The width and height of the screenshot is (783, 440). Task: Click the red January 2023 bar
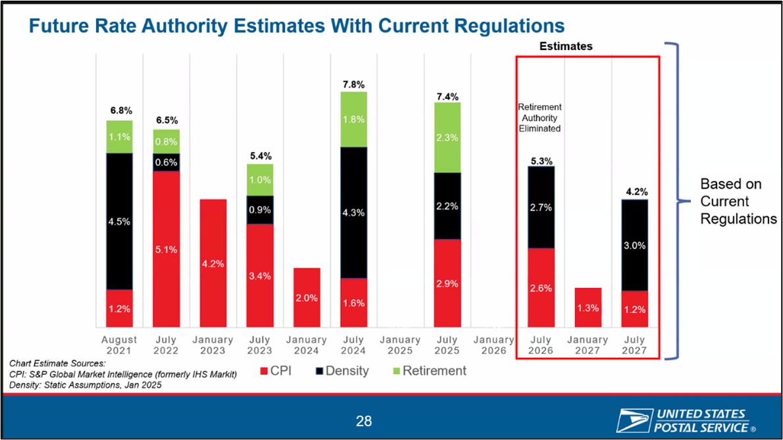coord(213,263)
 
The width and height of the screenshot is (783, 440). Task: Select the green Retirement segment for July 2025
coord(447,137)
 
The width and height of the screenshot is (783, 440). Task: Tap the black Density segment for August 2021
coord(120,221)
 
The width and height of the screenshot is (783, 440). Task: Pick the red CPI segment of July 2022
coord(166,249)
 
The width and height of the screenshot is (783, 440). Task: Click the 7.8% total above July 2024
coord(353,84)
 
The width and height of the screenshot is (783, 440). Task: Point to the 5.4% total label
coord(261,156)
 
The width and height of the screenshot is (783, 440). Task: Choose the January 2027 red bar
coord(588,307)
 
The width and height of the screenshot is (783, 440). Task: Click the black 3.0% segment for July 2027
coord(635,245)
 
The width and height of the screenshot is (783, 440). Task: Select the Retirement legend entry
coord(430,371)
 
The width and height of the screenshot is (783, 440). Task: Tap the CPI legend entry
coord(276,371)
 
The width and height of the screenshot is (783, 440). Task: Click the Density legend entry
coord(342,371)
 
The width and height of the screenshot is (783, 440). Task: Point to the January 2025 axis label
coord(400,345)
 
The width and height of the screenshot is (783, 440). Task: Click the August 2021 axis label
coord(119,345)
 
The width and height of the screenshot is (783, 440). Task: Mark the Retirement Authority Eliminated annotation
coord(540,118)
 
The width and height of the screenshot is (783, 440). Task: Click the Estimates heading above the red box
coord(566,47)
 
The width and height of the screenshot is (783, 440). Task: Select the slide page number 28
coord(363,421)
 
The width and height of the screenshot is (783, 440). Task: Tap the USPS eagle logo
coord(634,420)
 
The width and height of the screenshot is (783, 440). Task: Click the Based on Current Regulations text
coord(738,201)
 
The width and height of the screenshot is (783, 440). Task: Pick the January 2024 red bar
coord(307,297)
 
